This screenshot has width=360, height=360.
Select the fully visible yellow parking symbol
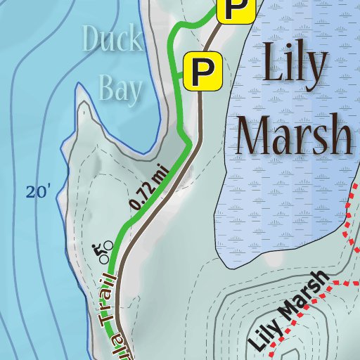202,70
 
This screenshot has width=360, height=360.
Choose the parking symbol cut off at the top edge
234,8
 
